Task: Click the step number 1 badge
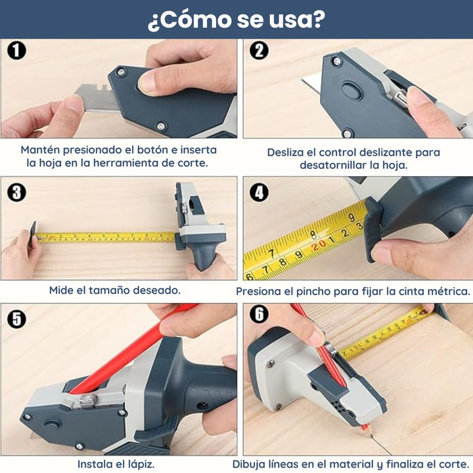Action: (x=16, y=51)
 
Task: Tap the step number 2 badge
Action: (x=259, y=51)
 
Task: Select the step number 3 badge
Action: (x=16, y=192)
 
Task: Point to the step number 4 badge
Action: (x=259, y=192)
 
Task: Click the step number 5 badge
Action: (x=16, y=319)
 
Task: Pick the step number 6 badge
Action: (x=259, y=314)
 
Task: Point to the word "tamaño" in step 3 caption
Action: (x=104, y=290)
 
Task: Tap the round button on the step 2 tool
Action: (x=351, y=91)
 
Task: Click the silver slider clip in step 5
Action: (x=85, y=401)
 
